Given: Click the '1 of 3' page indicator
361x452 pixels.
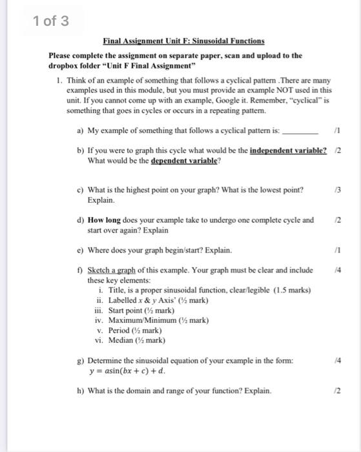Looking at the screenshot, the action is [x=49, y=21].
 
